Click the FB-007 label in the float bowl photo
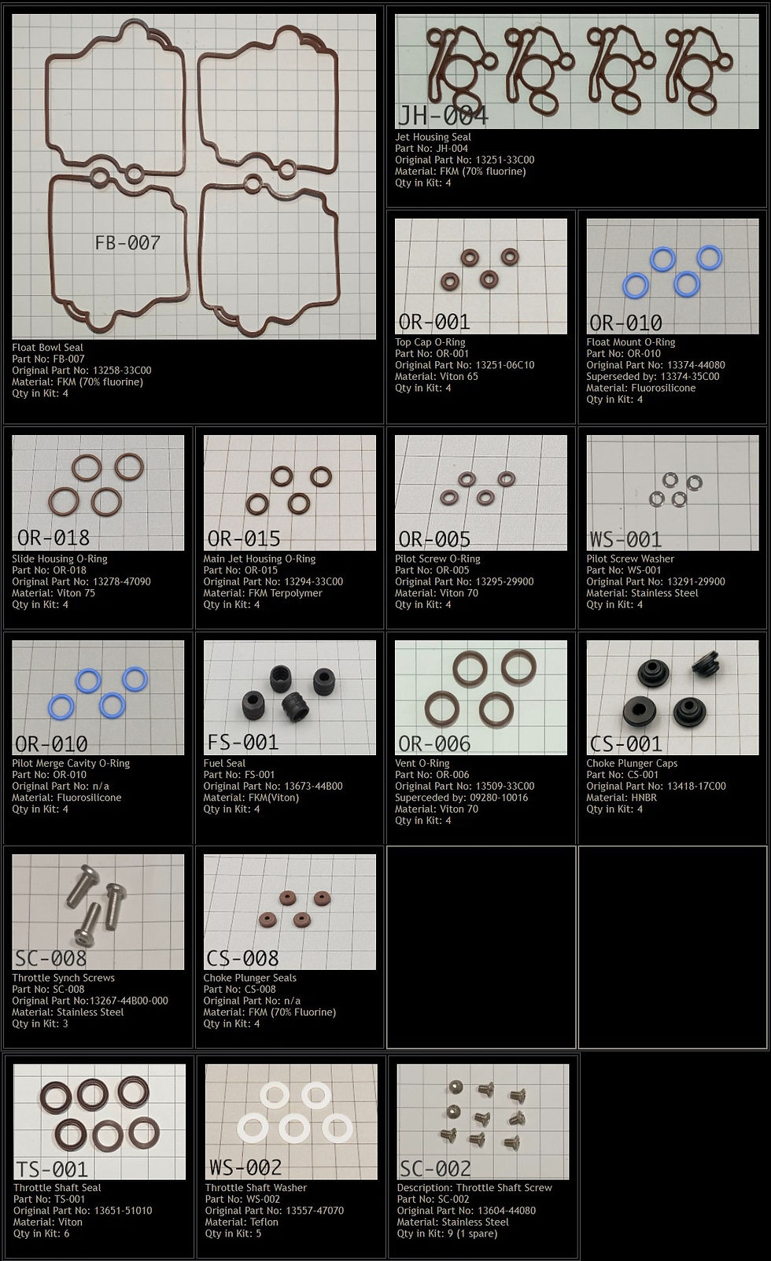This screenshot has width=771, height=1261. [x=127, y=242]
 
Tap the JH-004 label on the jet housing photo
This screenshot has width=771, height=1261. [x=443, y=116]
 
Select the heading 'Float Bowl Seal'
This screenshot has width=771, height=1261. [x=47, y=348]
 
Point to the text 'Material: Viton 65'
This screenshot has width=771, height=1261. [x=437, y=377]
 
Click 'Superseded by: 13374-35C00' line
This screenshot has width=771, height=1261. [x=653, y=377]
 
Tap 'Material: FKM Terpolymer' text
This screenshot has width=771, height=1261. [x=263, y=593]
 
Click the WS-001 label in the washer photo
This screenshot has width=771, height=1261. [x=625, y=540]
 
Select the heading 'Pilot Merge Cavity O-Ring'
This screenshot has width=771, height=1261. [x=71, y=763]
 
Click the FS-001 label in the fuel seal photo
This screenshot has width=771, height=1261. [x=243, y=743]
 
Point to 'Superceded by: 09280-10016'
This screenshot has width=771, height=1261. [x=461, y=798]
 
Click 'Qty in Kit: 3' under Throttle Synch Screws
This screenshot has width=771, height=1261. [x=40, y=1023]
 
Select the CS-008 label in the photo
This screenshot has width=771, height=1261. [x=243, y=958]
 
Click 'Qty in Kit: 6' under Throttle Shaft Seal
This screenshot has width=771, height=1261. [x=42, y=1233]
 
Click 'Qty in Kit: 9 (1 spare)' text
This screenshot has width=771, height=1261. [x=447, y=1233]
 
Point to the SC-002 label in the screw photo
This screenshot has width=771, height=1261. [x=435, y=1169]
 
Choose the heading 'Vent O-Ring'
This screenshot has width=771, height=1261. [x=422, y=763]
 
